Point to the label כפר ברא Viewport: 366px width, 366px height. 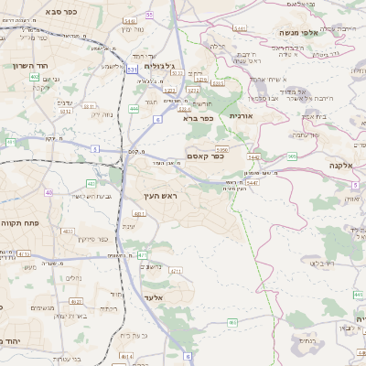coord(198,117)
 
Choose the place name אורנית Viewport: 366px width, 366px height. coord(240,116)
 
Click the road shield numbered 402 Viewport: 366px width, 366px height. coord(34,77)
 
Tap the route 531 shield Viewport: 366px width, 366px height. coord(133,69)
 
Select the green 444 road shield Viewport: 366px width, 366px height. coord(134,108)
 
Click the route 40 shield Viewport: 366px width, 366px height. coord(48,192)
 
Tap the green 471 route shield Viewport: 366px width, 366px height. coord(141,254)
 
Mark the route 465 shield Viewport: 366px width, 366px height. coord(231,322)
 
